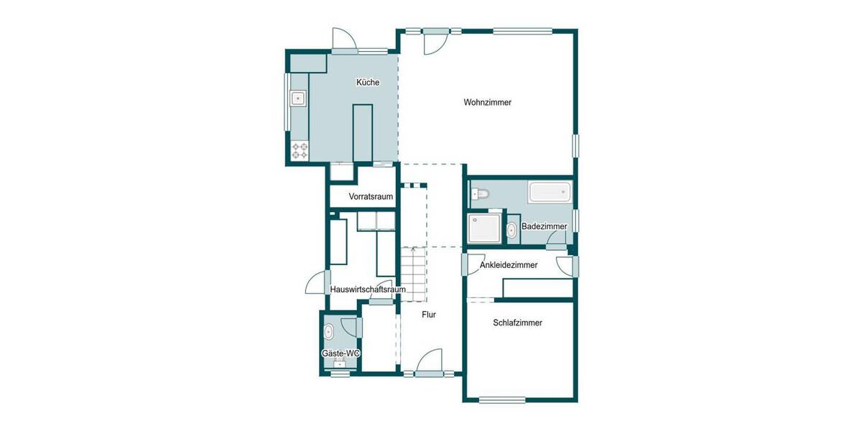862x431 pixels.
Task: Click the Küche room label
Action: coord(367,83)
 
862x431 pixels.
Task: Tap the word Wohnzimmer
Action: coord(487,103)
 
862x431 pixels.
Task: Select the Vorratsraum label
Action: coord(371,196)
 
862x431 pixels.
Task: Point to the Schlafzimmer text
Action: coord(517,323)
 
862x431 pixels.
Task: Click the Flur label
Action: coord(428,315)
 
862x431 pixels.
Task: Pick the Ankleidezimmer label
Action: coord(508,265)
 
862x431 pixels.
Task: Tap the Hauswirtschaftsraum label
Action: coord(368,289)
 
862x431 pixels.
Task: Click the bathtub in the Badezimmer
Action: coord(550,192)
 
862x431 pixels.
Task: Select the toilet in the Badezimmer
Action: coord(480,193)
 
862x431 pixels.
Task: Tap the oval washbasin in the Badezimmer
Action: coord(511,231)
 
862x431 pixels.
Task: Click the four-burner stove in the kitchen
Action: coord(300,151)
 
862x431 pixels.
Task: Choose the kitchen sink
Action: coord(297,98)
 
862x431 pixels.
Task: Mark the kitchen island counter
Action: coord(363,133)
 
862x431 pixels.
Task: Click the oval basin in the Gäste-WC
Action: coord(329,332)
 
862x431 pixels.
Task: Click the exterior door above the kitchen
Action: coord(343,40)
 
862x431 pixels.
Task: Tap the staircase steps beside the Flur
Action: coord(414,273)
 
